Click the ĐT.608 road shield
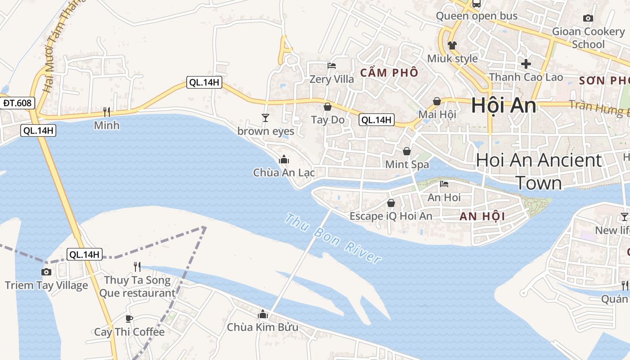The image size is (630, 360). point(17,103)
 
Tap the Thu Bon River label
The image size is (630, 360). point(333,239)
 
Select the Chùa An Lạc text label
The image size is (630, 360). point(283,173)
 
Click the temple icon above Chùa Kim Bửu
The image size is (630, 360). point(263,314)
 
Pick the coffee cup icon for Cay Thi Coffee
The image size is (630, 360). point(129,319)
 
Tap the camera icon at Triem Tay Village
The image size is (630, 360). point(46,272)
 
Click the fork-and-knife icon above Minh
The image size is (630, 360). point(107,112)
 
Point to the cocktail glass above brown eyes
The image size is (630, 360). point(265,118)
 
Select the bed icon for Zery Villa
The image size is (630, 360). point(332,66)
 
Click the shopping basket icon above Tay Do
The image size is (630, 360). point(328,107)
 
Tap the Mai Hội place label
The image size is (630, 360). point(437,114)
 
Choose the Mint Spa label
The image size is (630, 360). point(407,165)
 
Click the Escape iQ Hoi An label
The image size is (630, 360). point(391,216)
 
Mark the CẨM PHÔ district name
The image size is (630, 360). point(389,73)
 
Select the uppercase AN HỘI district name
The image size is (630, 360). point(482,216)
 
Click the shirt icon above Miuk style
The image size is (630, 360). point(452,45)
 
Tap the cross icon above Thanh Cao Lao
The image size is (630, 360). point(526,63)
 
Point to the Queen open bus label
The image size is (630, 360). point(477,16)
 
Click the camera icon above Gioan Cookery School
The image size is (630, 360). point(588,18)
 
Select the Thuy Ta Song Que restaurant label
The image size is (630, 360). point(137,287)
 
